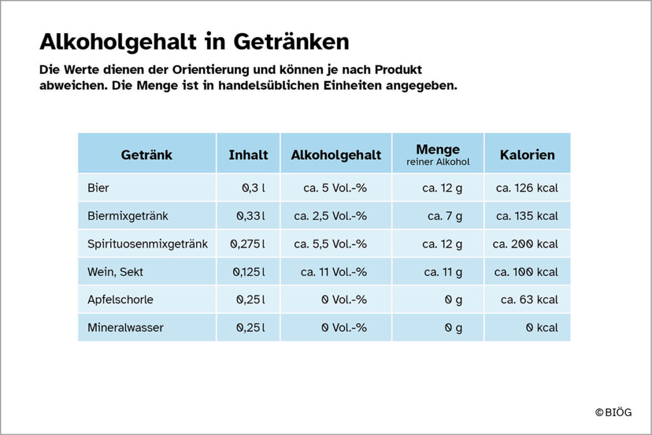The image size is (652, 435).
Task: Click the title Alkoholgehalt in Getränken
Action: pos(194,41)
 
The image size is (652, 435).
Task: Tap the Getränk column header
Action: pos(146,155)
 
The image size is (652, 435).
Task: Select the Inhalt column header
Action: pos(248,155)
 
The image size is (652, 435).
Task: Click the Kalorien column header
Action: pos(527,155)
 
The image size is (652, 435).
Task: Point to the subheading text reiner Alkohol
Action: pos(438,162)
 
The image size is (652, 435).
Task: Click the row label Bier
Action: pos(98,188)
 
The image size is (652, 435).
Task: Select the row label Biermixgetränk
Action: pos(127,216)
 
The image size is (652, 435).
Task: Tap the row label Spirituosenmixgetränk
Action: pos(148,244)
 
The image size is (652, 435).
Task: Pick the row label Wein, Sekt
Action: pos(115,272)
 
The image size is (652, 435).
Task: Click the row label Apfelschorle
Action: pos(120,299)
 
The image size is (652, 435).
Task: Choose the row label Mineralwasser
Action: pos(125,327)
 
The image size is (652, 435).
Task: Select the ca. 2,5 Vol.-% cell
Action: pos(330,216)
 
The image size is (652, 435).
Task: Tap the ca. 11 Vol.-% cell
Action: pos(334,272)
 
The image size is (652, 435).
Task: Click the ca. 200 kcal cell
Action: pos(525,244)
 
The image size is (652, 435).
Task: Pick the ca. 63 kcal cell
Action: pos(529,299)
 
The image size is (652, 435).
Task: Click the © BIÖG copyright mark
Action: pos(614,413)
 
